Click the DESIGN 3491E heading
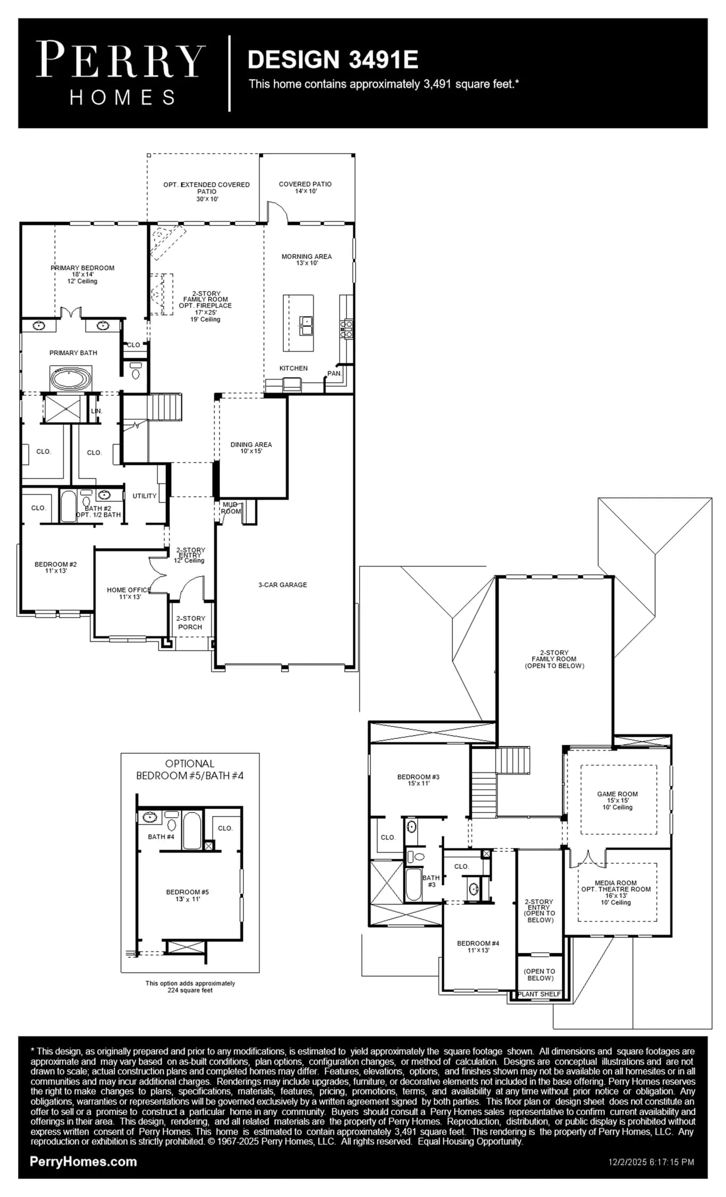pyautogui.click(x=333, y=60)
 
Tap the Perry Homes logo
pyautogui.click(x=121, y=73)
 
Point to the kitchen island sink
pyautogui.click(x=306, y=326)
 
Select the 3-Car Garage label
pyautogui.click(x=283, y=585)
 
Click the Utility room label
pyautogui.click(x=145, y=496)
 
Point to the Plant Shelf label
pyautogui.click(x=539, y=994)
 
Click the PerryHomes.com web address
pyautogui.click(x=83, y=1161)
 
